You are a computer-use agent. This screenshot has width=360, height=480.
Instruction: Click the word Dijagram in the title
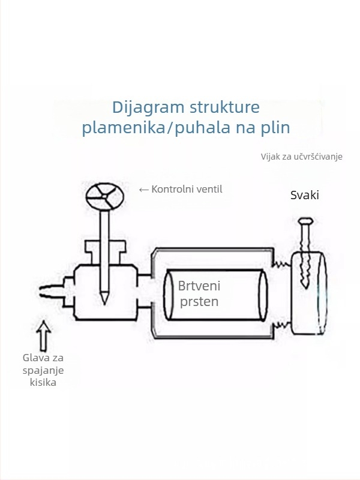point(148,108)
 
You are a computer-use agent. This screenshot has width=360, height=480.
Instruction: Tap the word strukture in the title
point(224,107)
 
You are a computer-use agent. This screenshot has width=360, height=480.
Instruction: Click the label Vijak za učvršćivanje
point(302,157)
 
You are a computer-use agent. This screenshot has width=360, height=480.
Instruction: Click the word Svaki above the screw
point(305,195)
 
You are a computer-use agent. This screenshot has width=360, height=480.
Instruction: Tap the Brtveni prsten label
point(199,293)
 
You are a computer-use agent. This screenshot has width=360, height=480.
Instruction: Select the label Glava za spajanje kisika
point(43,370)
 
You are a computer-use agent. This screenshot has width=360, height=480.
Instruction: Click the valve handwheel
point(104,197)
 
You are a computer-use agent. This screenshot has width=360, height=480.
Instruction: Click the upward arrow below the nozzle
point(44,336)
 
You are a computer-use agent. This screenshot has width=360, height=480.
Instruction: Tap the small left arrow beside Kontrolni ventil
point(143,190)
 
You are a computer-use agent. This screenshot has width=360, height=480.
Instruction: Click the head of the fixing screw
point(305,221)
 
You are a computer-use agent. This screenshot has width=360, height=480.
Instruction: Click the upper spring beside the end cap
point(281,263)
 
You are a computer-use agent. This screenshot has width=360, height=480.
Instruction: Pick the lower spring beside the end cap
point(281,325)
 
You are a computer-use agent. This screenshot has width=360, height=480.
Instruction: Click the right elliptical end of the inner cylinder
point(263,295)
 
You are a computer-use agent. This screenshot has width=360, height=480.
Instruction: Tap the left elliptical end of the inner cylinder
point(169,295)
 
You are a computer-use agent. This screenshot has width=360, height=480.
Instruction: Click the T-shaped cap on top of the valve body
point(106,252)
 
